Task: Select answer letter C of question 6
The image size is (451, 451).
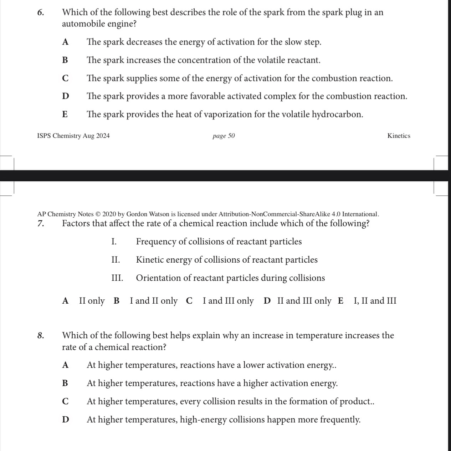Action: tap(65, 78)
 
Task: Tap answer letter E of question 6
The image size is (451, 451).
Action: tap(65, 115)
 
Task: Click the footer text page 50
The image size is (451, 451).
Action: tap(224, 136)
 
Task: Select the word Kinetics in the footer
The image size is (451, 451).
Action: tap(399, 136)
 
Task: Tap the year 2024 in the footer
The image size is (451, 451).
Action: tap(103, 136)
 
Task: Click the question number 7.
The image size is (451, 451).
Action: tap(40, 224)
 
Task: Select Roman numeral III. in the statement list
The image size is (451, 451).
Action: tap(117, 278)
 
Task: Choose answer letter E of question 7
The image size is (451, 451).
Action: tap(341, 301)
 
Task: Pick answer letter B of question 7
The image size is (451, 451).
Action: tap(116, 301)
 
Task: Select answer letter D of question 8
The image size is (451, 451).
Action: tap(65, 420)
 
